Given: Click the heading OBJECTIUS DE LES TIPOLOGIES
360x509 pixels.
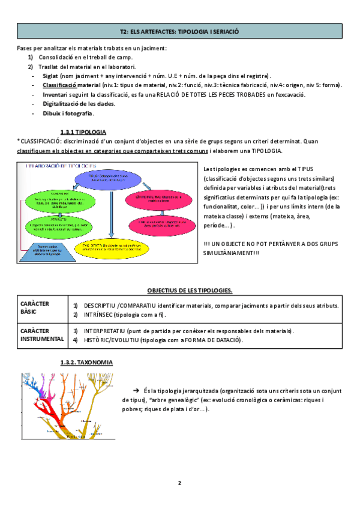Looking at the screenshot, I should [x=190, y=291].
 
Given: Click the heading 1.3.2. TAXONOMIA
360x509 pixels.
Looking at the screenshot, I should [x=86, y=363].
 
